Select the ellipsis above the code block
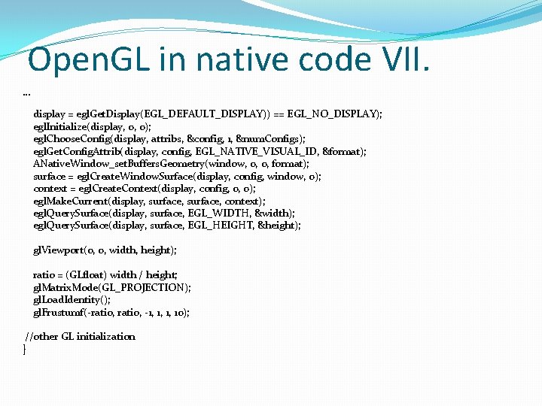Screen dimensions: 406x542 tap(27, 94)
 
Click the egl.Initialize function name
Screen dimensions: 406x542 tap(59, 127)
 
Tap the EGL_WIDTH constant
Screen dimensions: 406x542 tap(218, 214)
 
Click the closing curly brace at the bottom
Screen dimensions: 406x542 tap(25, 350)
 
